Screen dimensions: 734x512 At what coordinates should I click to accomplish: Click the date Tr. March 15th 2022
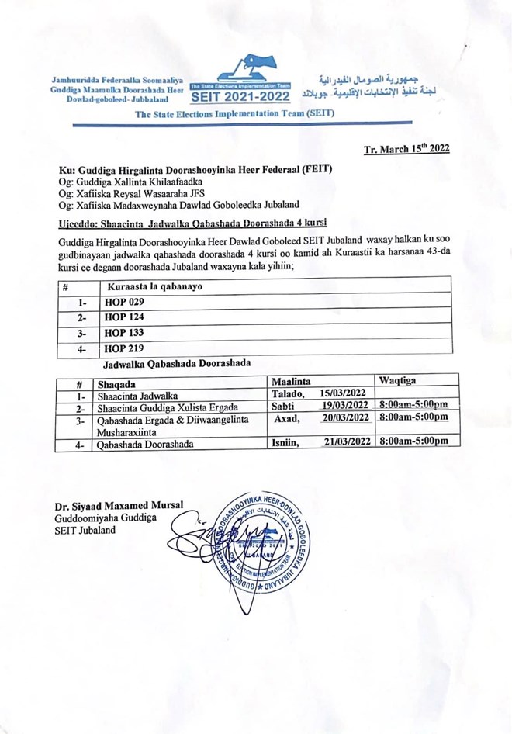coord(406,149)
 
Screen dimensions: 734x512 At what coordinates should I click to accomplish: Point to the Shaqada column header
coord(116,383)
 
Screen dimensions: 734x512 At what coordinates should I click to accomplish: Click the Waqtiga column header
coord(397,381)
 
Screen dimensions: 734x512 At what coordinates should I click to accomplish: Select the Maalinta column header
coord(291,382)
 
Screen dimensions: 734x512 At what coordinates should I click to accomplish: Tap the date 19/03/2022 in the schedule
coord(346,406)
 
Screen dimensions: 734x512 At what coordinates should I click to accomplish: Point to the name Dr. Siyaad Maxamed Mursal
coord(119,506)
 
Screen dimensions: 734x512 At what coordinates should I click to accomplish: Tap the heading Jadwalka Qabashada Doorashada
coord(176,363)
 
